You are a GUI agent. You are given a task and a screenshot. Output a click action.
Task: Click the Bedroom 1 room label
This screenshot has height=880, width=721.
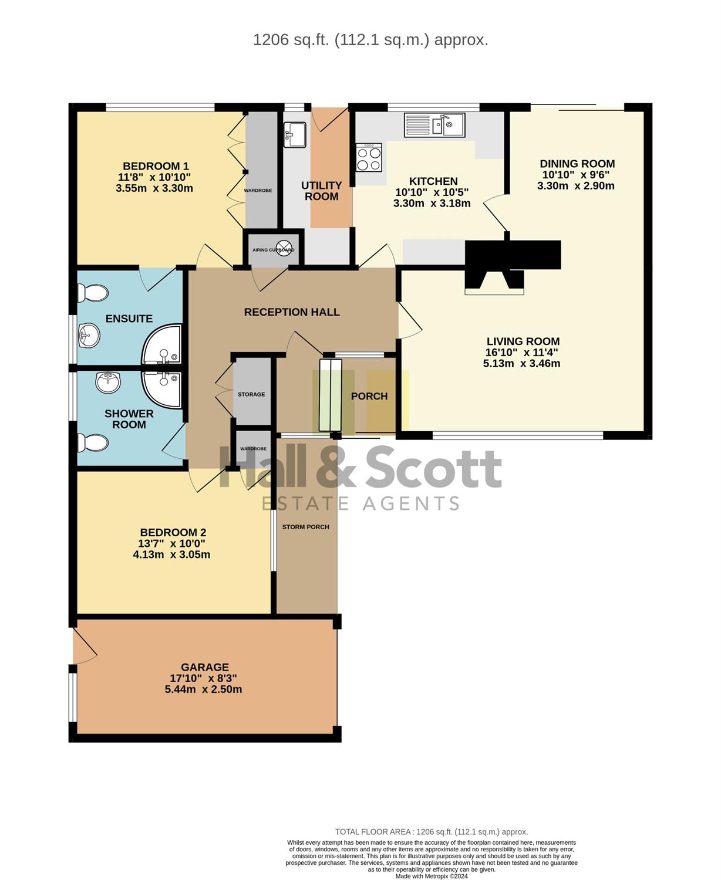tap(156, 166)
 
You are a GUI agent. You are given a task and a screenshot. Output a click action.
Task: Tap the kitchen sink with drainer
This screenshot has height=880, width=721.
tap(434, 125)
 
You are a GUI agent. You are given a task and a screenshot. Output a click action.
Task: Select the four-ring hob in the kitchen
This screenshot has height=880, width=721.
tap(369, 157)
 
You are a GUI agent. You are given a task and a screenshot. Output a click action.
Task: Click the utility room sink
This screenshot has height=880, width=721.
tap(295, 134)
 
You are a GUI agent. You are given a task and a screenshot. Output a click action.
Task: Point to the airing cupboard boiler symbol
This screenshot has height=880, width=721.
tap(284, 249)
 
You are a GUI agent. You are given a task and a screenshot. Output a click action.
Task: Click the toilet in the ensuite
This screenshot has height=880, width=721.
tap(93, 293)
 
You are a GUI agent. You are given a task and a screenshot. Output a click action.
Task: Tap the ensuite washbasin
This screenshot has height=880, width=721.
tap(89, 335)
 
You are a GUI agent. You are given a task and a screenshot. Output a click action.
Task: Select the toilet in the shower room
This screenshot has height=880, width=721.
tap(93, 442)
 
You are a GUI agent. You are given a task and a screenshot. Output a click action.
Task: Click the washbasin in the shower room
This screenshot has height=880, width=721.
tap(108, 382)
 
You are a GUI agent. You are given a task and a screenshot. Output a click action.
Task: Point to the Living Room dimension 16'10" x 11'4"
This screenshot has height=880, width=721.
tap(522, 352)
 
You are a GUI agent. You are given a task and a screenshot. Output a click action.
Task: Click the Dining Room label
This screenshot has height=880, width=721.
tap(577, 164)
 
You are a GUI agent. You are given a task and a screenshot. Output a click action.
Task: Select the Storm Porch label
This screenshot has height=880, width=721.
tap(306, 527)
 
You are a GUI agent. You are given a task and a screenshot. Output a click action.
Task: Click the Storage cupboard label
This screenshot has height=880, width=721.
tap(251, 394)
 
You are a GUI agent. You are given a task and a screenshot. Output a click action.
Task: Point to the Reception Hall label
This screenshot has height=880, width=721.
tap(292, 312)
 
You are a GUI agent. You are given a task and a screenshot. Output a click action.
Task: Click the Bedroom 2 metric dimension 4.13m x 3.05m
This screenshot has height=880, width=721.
tap(171, 554)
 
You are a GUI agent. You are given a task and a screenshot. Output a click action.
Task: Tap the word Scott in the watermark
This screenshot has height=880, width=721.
tap(434, 468)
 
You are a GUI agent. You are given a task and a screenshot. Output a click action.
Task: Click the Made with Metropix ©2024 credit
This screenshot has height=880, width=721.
tap(432, 876)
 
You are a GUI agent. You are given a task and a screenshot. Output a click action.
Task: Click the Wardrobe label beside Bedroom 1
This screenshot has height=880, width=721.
tap(258, 190)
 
